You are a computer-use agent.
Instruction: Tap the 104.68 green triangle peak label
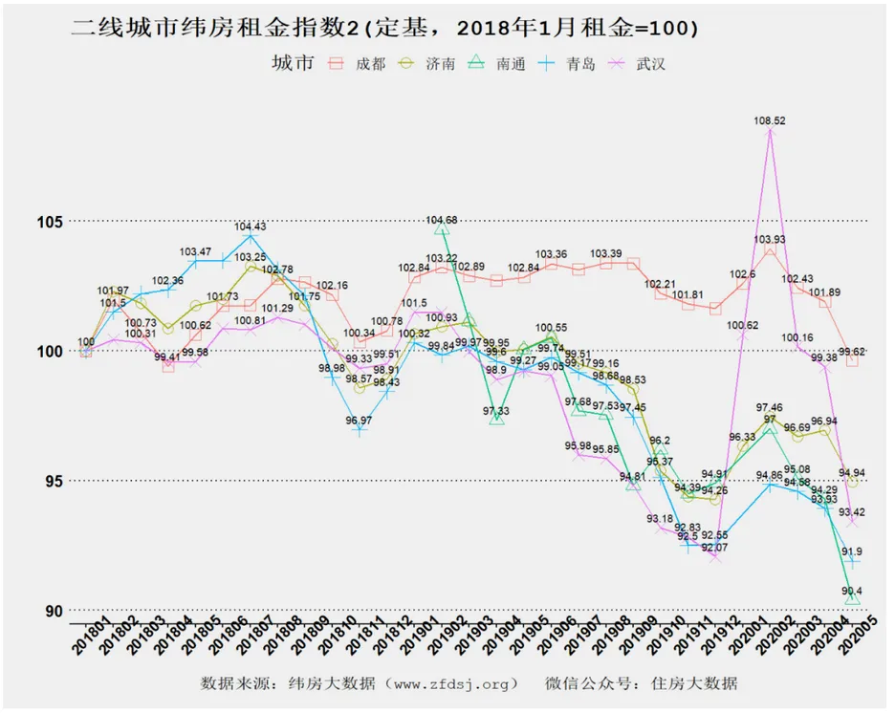point(441,220)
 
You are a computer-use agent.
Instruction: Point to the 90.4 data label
point(852,592)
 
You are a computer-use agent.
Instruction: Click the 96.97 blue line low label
point(360,420)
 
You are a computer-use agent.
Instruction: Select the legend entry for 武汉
point(637,64)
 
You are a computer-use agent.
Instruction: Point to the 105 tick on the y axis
point(50,222)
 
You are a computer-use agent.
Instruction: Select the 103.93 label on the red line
point(770,239)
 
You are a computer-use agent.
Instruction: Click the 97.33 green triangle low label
point(496,411)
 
